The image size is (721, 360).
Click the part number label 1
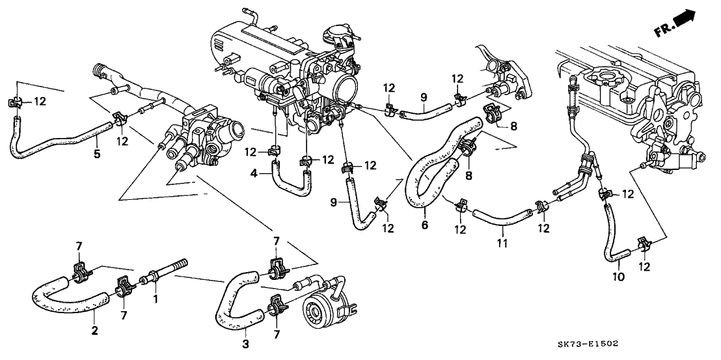[154, 299]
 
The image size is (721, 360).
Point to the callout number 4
[253, 173]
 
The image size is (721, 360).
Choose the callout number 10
[618, 276]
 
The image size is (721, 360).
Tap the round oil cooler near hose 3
[323, 316]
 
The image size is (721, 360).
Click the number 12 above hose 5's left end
[40, 101]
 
